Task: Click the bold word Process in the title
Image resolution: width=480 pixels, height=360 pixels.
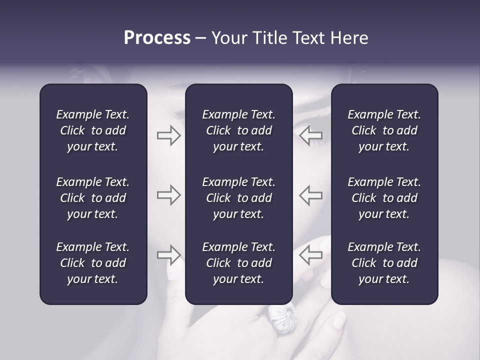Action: pyautogui.click(x=157, y=38)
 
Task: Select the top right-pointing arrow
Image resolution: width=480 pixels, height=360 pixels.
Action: pyautogui.click(x=168, y=135)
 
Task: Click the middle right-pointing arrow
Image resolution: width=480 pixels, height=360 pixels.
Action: pyautogui.click(x=168, y=195)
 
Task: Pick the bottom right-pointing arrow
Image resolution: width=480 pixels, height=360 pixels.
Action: pyautogui.click(x=168, y=255)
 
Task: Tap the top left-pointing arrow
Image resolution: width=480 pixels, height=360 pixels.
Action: pyautogui.click(x=310, y=135)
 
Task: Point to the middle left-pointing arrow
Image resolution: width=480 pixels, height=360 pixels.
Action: pyautogui.click(x=310, y=195)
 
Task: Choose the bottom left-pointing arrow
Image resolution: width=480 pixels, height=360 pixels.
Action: pyautogui.click(x=310, y=255)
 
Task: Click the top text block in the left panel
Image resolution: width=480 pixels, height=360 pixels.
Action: pyautogui.click(x=93, y=130)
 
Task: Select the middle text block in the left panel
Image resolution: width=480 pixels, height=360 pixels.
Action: pyautogui.click(x=93, y=198)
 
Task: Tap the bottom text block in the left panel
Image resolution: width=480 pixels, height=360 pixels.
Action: pyautogui.click(x=93, y=263)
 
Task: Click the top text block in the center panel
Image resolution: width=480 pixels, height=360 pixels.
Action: pyautogui.click(x=238, y=130)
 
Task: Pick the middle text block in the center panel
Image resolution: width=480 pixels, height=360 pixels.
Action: pyautogui.click(x=238, y=198)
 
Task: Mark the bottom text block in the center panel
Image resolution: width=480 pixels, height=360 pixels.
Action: pyautogui.click(x=238, y=263)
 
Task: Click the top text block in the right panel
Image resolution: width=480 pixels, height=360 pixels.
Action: pyautogui.click(x=384, y=130)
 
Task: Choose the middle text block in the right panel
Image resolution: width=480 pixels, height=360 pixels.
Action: pyautogui.click(x=384, y=198)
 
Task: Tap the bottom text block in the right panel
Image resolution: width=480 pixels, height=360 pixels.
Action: pyautogui.click(x=384, y=263)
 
